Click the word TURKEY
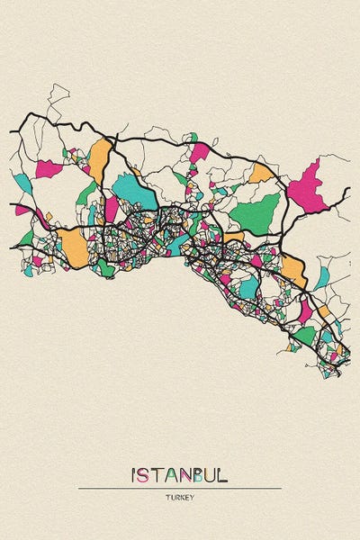click(179, 497)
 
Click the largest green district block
click(256, 213)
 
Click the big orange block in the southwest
click(74, 244)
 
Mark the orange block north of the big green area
click(260, 172)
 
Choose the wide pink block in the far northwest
click(49, 168)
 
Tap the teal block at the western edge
click(22, 183)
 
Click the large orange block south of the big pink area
click(293, 268)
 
